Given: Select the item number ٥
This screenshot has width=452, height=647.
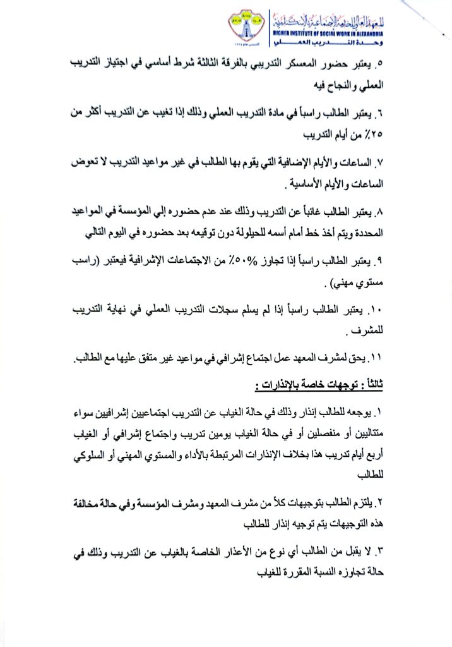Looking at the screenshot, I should click(x=379, y=64).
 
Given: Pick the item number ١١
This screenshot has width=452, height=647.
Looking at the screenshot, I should click(x=377, y=359).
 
